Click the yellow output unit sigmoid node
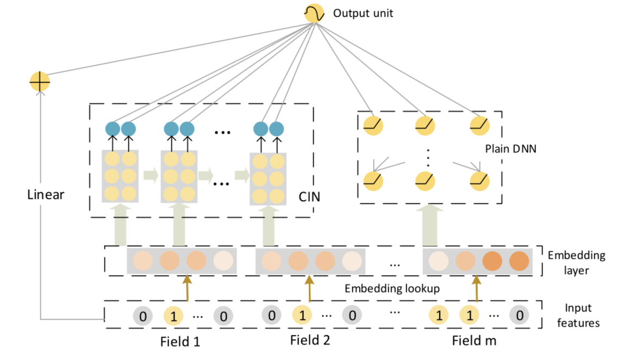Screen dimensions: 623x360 [x=314, y=13]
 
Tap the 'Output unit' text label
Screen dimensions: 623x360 [x=363, y=13]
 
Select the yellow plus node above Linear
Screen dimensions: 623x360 [x=40, y=82]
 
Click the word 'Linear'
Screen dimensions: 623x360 [x=46, y=194]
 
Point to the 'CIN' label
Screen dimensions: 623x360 [x=309, y=197]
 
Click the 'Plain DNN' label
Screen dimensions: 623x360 [x=510, y=148]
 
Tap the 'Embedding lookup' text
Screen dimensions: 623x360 [x=392, y=288]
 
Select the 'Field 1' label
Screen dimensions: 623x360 [x=180, y=342]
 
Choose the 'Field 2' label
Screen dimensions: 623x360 [x=310, y=340]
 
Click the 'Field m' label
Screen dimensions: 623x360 [x=474, y=340]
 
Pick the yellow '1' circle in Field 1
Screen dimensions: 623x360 [x=173, y=316]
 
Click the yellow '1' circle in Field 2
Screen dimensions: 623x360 [x=302, y=315]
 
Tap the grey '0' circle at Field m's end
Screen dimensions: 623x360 [x=520, y=315]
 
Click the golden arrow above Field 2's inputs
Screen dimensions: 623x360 [x=309, y=288]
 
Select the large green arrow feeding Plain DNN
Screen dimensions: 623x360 [x=429, y=225]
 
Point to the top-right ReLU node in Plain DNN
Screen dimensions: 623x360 [x=479, y=126]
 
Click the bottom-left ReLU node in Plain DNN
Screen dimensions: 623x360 [x=373, y=181]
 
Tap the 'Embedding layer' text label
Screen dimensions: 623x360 [x=576, y=263]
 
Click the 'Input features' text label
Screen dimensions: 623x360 [x=578, y=315]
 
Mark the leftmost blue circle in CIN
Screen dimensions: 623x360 [x=113, y=129]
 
